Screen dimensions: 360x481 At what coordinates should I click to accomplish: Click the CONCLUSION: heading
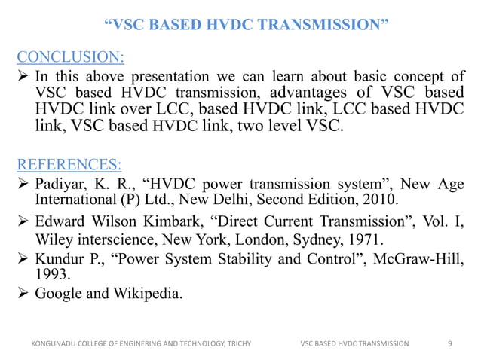[72, 56]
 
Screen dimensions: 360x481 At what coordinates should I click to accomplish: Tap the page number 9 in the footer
[450, 343]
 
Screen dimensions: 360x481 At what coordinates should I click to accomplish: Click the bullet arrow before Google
[23, 294]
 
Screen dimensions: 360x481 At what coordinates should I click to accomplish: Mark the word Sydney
[328, 242]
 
